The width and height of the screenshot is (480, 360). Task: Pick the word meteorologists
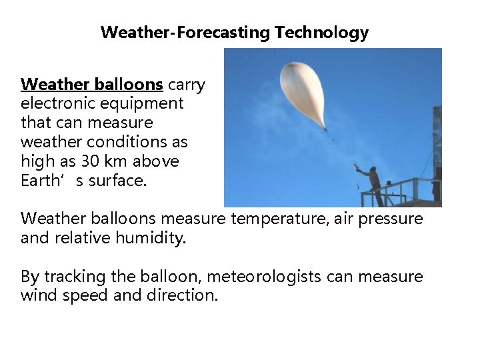point(275,277)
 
